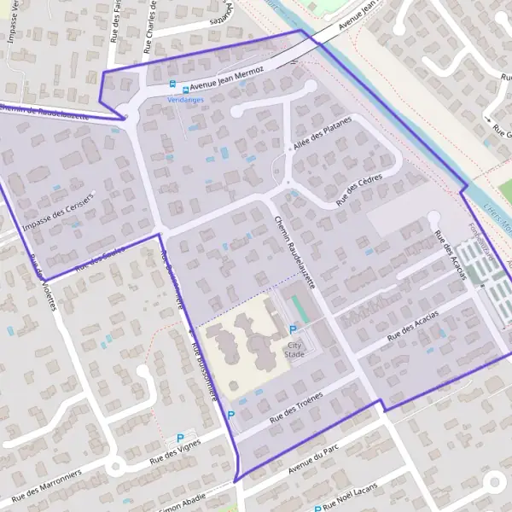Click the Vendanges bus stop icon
coord(173,85)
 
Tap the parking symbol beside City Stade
coord(294,330)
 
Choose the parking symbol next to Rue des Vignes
coord(180,438)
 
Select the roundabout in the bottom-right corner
coord(496,483)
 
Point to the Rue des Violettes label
coord(44,282)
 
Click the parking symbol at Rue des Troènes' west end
coord(230,415)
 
